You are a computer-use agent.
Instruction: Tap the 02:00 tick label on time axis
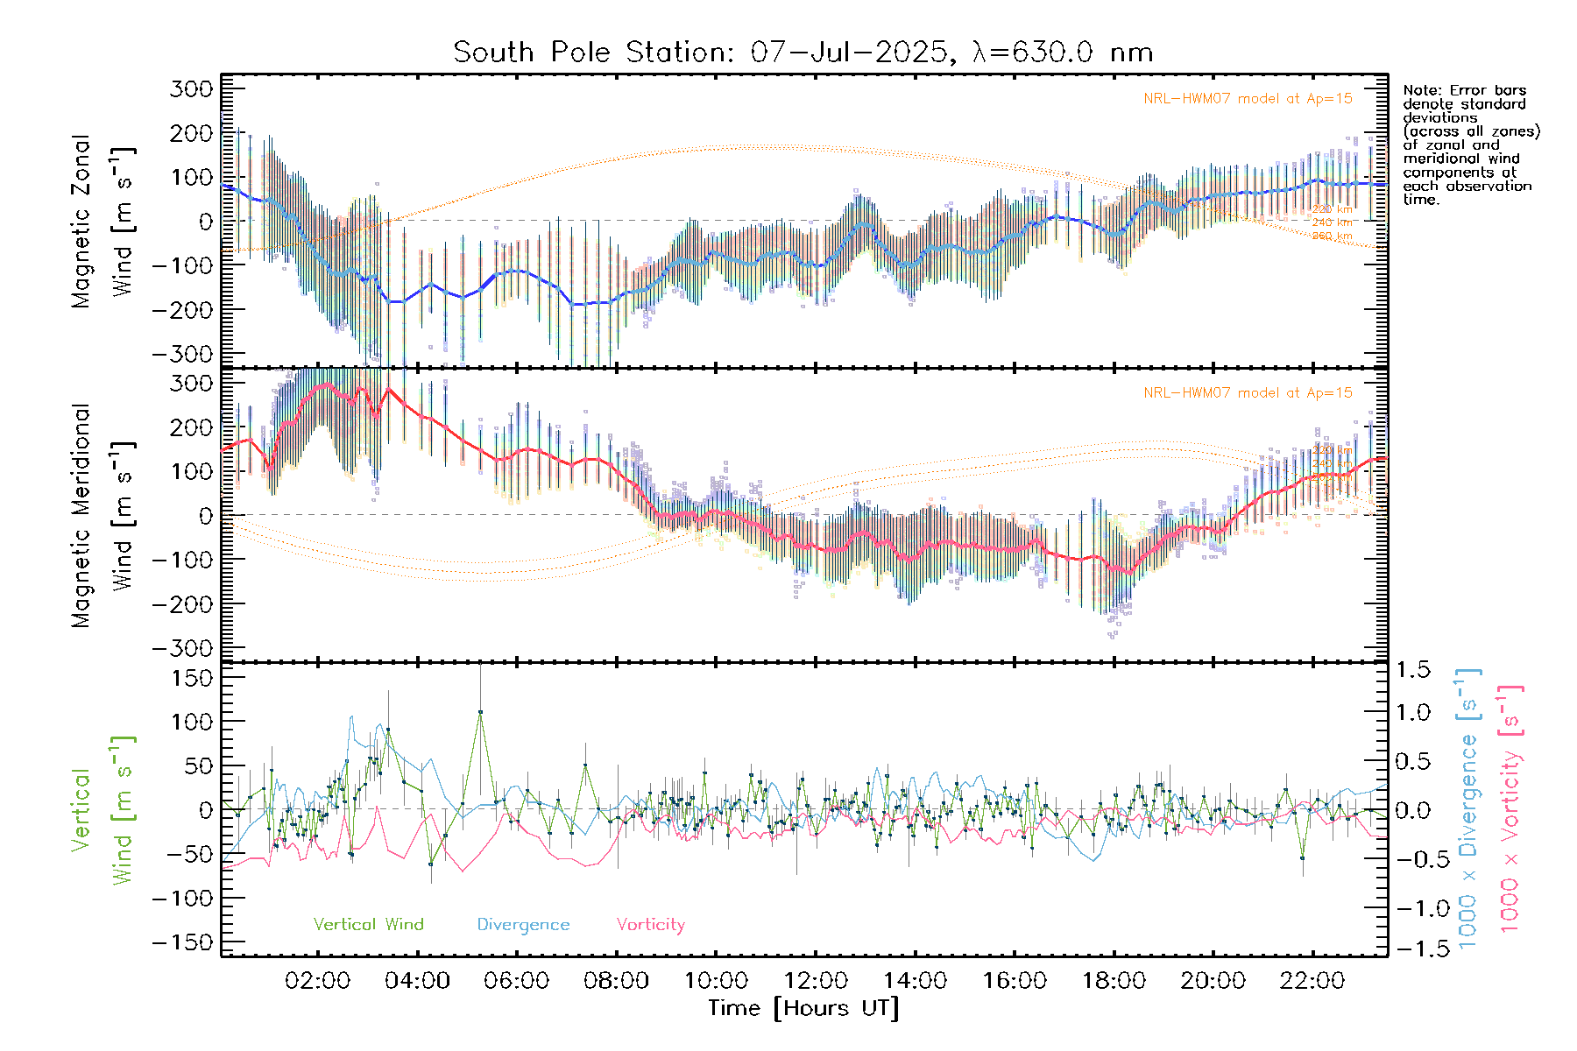pos(317,981)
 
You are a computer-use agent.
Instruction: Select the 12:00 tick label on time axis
pos(815,981)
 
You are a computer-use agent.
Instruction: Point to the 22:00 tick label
pos(1312,981)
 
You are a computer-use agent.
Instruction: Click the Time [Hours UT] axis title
pos(803,1008)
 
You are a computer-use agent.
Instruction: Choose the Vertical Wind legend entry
pos(368,925)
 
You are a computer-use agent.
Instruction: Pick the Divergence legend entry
pos(523,925)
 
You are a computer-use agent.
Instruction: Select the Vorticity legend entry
pos(650,925)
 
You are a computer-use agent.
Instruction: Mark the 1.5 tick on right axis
pos(1412,670)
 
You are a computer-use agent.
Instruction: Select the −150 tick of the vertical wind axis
pos(182,942)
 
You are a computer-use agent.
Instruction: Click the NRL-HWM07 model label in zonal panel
pos(1248,99)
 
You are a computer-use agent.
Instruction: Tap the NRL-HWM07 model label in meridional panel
pos(1248,393)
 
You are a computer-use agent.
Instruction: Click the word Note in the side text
pos(1421,90)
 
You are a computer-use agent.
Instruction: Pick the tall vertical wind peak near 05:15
pos(480,712)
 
